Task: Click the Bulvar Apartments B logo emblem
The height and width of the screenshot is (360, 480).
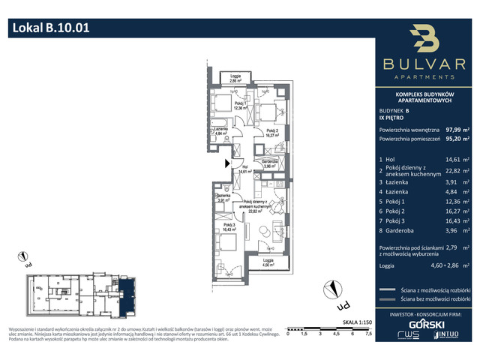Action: point(423,38)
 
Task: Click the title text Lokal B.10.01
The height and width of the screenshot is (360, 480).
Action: point(52,28)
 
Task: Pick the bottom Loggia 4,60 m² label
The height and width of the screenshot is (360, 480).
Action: point(268,262)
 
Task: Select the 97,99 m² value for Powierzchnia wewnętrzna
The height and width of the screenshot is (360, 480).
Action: point(457,128)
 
